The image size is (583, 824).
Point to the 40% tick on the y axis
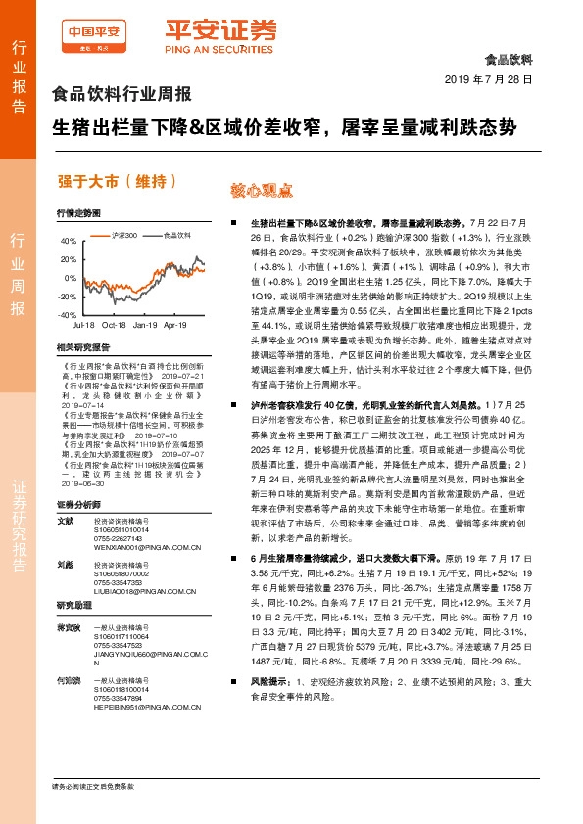69,240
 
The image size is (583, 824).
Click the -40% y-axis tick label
67,315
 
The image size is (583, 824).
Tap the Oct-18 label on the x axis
115,324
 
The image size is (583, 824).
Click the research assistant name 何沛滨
68,651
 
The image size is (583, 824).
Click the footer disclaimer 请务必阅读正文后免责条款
92,787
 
